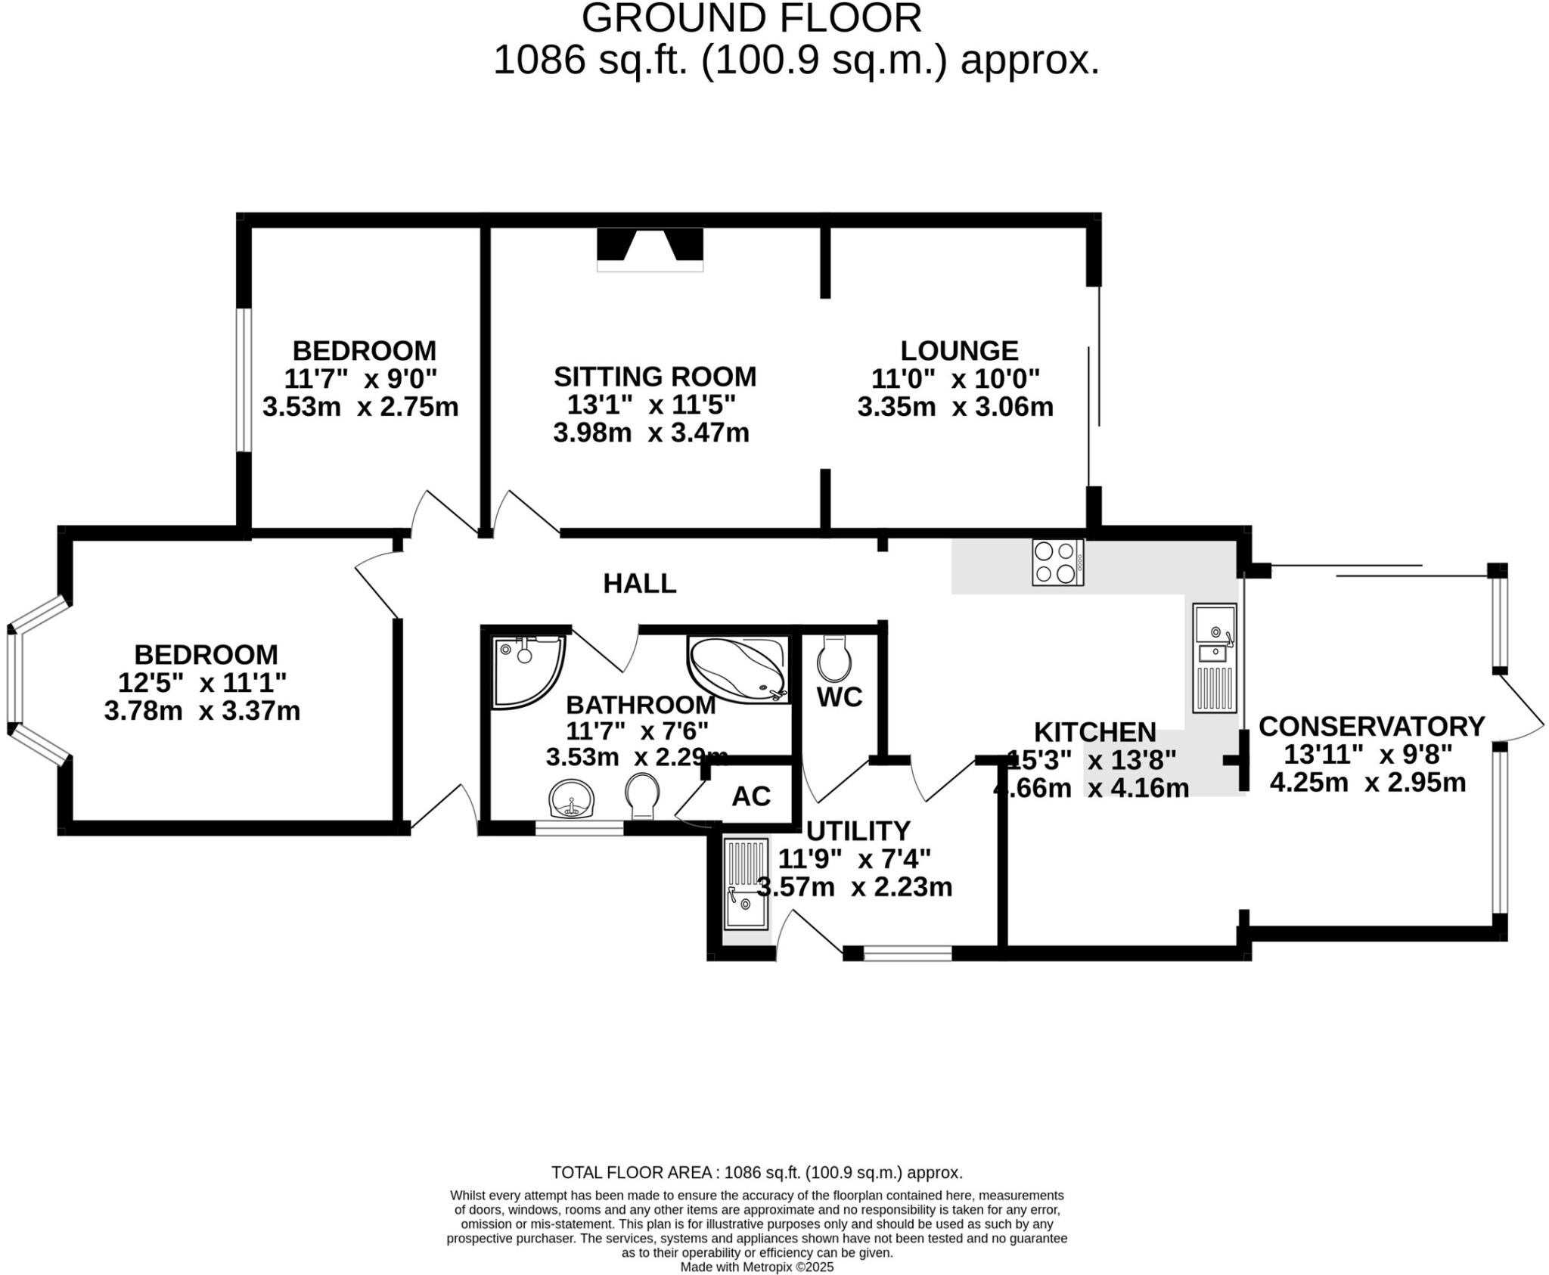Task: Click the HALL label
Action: tap(639, 584)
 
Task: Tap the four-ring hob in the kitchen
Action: tap(1057, 563)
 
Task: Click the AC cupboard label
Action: tap(751, 796)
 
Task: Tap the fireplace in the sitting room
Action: tap(650, 249)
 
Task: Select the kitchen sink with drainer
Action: tap(1214, 658)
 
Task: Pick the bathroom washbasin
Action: tap(572, 799)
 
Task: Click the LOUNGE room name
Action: tap(959, 351)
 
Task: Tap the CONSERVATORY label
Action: tap(1371, 726)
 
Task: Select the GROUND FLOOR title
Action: tap(751, 18)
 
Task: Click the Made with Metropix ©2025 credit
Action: tap(756, 1267)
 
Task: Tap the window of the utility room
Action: tap(907, 954)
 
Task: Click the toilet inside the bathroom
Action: tap(643, 796)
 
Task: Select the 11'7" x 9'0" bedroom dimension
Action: tap(360, 378)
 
